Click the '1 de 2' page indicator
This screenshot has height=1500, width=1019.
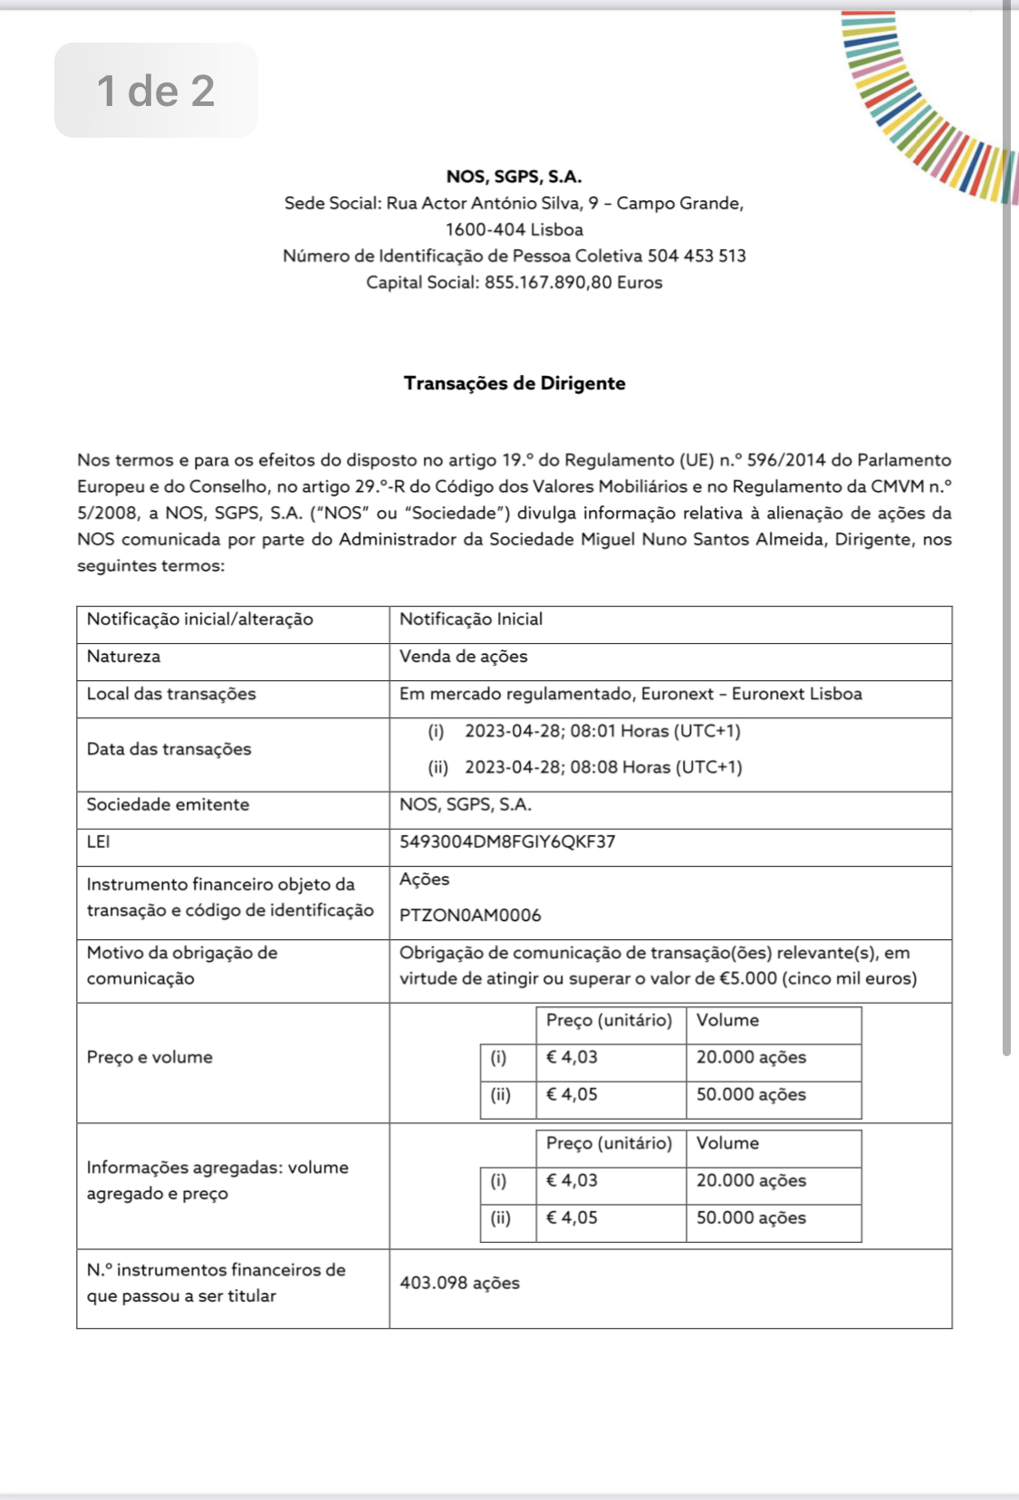156,91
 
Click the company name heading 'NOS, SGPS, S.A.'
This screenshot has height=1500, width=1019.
514,177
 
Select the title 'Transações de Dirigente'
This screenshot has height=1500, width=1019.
514,383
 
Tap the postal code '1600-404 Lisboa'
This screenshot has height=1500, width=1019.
514,230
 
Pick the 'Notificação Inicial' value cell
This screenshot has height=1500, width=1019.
471,620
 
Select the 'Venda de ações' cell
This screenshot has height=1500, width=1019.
464,657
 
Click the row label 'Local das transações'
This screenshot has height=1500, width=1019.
171,694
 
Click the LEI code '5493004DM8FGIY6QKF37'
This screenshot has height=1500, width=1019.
507,841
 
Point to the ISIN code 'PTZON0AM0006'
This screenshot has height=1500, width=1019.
470,915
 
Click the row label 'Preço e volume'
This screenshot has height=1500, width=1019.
149,1057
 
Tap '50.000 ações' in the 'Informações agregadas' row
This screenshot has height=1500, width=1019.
751,1217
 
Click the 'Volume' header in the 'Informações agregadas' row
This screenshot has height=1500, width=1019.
727,1143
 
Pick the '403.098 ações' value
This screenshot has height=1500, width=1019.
459,1283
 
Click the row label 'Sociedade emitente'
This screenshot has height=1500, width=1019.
168,804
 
